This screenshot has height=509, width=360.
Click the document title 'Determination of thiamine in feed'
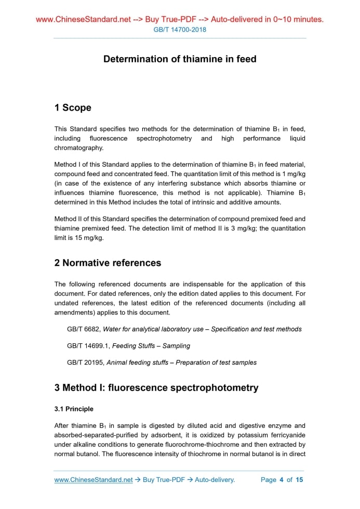(x=180, y=59)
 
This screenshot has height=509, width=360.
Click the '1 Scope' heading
(x=73, y=108)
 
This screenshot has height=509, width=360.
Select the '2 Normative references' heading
(x=108, y=263)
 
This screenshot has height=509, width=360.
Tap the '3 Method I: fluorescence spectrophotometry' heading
(x=156, y=387)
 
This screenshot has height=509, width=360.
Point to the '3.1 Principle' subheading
(x=74, y=409)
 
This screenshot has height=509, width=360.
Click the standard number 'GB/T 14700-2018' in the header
(x=180, y=30)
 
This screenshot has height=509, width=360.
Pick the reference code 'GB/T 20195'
(x=85, y=363)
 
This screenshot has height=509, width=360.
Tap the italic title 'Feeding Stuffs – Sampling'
(x=151, y=346)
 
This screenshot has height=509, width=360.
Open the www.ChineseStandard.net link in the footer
(x=94, y=480)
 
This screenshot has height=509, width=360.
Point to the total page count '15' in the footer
(x=299, y=480)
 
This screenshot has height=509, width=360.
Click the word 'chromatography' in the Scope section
(x=79, y=148)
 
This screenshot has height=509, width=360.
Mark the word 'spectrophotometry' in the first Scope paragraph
(x=164, y=139)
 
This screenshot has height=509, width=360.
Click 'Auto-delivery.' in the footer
(x=215, y=480)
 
